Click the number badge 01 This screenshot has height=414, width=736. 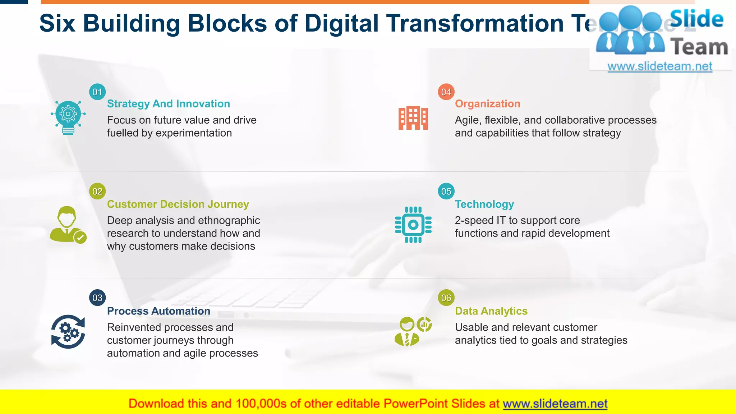click(97, 92)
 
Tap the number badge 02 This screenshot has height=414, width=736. click(97, 191)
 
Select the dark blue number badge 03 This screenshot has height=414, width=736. click(97, 298)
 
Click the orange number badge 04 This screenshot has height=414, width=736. click(446, 92)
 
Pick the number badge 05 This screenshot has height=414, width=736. click(446, 191)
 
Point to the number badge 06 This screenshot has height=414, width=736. click(446, 298)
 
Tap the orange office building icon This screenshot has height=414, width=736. click(413, 118)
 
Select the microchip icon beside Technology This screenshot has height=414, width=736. click(413, 225)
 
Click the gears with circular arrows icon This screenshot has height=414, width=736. click(68, 332)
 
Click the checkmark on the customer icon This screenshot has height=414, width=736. click(80, 237)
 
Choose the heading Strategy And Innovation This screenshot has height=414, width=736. click(169, 104)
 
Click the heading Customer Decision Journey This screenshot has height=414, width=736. click(178, 204)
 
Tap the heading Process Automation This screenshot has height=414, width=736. click(158, 311)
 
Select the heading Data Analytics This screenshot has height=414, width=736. click(491, 311)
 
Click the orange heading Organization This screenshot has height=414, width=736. click(487, 104)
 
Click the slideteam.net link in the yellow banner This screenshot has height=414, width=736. click(555, 404)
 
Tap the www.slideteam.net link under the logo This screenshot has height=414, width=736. click(660, 66)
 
